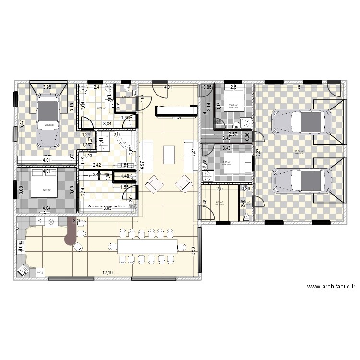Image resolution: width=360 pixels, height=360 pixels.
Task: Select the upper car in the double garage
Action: [301, 122]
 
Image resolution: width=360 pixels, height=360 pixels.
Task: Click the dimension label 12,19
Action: [108, 273]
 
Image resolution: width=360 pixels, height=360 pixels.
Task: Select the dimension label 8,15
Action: [77, 221]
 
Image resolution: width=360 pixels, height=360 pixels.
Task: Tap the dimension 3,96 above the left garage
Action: [47, 87]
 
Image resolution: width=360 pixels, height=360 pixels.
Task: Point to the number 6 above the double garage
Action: [299, 87]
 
